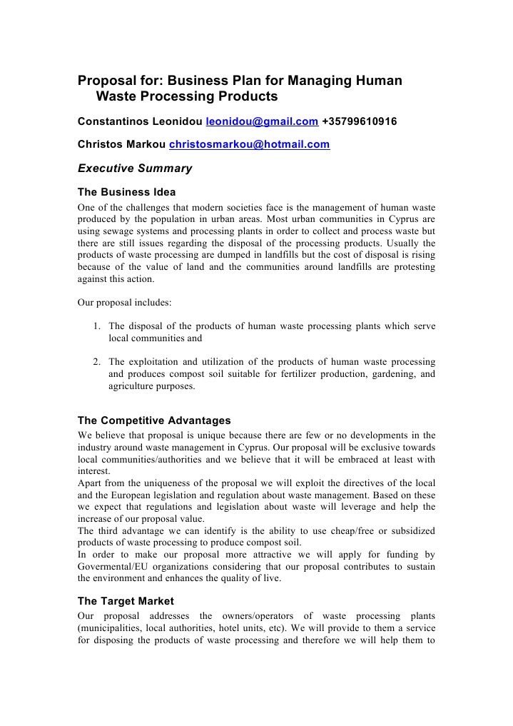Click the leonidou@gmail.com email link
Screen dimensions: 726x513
pos(262,122)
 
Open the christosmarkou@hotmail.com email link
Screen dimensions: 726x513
pos(249,144)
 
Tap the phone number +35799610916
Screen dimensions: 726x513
pos(359,122)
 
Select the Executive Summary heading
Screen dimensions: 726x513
pos(135,169)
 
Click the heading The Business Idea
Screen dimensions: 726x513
pos(126,192)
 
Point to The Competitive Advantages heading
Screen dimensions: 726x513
pos(154,420)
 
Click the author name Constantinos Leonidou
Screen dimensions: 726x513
pos(140,122)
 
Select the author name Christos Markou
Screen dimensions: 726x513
pos(121,144)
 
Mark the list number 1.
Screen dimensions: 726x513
pos(96,326)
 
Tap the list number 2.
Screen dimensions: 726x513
pos(96,362)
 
